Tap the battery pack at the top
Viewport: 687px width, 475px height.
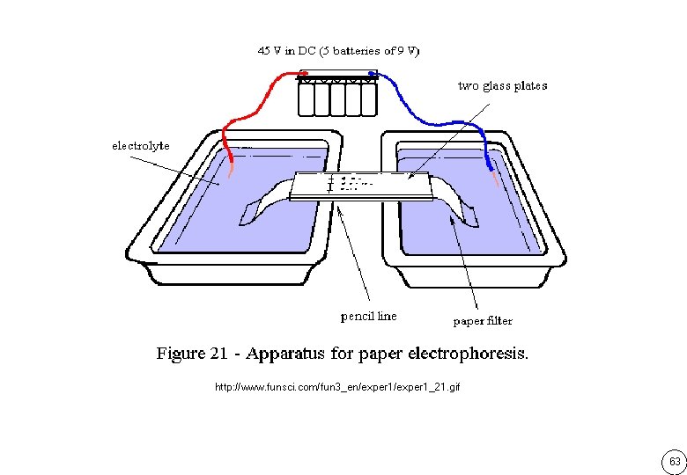click(337, 93)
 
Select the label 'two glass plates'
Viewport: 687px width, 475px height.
click(503, 85)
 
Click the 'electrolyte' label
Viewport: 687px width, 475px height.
click(141, 146)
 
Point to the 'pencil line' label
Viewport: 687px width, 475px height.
click(368, 316)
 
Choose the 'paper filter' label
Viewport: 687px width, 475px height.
click(483, 321)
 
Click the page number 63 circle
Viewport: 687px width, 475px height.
click(675, 462)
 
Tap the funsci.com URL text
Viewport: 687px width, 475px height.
click(337, 387)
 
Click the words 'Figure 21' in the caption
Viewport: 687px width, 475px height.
click(192, 353)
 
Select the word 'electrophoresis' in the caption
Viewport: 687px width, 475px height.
click(468, 353)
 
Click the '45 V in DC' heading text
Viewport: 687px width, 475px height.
click(287, 51)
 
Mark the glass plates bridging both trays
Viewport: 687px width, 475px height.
click(361, 186)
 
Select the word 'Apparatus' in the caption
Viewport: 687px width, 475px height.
click(285, 354)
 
